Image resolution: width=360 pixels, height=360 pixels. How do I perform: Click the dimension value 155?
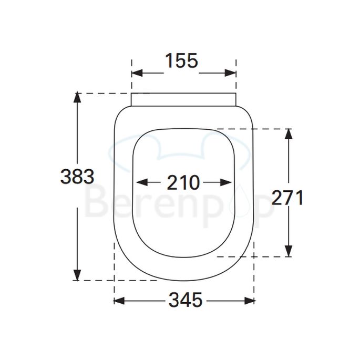pos(182,61)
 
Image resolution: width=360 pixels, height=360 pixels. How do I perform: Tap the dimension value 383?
pos(77,177)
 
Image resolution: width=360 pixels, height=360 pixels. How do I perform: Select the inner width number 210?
pos(183,182)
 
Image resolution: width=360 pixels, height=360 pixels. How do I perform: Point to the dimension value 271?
pos(288,198)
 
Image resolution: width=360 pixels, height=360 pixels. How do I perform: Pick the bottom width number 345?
pos(185,301)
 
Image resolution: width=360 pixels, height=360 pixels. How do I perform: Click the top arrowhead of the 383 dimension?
pos(77,97)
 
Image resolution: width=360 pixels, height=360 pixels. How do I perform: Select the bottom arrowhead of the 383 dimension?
pos(77,276)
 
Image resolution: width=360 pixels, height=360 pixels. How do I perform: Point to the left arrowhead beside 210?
pos(139,182)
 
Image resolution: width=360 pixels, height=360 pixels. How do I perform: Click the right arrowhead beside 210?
pos(228,182)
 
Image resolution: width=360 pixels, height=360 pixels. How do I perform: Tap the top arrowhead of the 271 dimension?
pos(288,132)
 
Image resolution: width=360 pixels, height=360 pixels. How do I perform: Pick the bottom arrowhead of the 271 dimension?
pos(288,253)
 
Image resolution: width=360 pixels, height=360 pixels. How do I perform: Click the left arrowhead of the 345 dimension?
pos(118,301)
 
